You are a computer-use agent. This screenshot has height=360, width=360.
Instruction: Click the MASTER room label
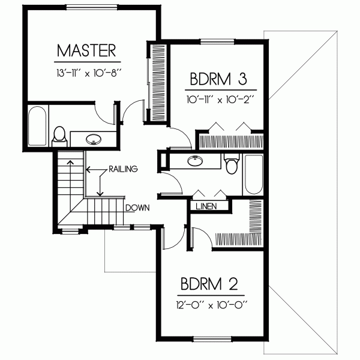(87, 49)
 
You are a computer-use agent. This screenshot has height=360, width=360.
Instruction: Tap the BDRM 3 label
(218, 80)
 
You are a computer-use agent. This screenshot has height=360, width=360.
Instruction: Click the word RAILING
(124, 169)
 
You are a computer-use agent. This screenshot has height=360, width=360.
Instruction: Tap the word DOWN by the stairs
(137, 208)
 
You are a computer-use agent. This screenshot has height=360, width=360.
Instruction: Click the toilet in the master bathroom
(59, 135)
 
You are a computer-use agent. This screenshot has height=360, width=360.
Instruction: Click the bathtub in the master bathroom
(38, 126)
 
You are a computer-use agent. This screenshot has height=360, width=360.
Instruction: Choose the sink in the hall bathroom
(194, 161)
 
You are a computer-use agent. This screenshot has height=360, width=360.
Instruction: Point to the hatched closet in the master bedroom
(159, 81)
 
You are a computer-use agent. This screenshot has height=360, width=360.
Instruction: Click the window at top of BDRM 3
(218, 41)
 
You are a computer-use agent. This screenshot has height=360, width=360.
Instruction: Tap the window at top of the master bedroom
(91, 7)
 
